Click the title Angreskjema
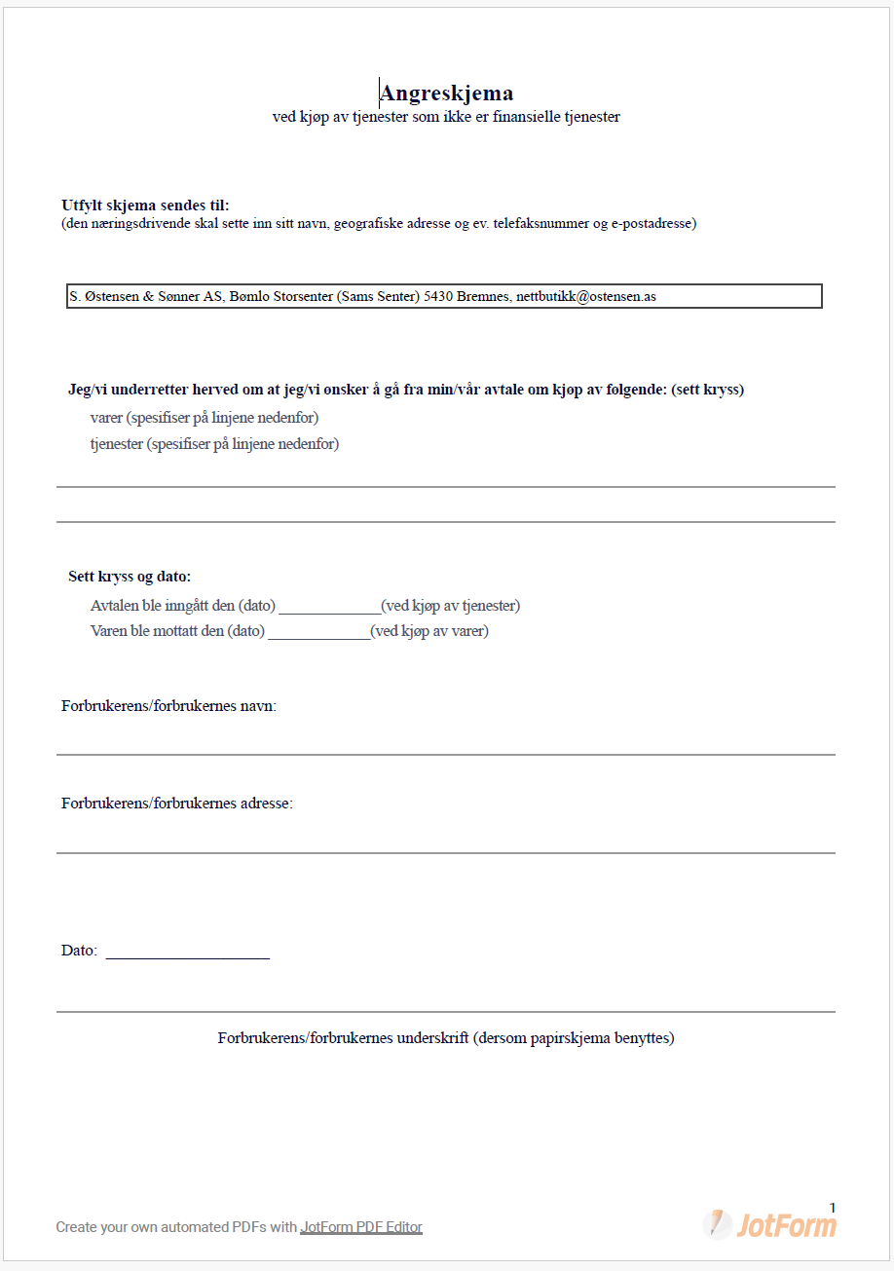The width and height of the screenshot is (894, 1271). pos(446,93)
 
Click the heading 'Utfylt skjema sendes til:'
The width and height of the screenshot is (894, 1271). pos(145,205)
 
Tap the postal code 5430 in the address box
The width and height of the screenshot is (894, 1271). pos(440,296)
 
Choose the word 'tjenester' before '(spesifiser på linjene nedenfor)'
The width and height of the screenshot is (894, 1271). pos(116,444)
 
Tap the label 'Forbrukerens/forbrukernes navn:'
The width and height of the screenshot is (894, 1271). pos(168,706)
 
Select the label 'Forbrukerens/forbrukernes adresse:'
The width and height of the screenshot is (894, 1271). pos(176,804)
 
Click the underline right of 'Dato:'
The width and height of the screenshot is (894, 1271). pos(187,953)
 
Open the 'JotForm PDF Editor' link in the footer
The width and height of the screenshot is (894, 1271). pos(361,1227)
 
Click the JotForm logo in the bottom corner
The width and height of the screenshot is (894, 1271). pos(769,1224)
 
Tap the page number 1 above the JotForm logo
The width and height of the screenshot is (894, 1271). pos(832,1208)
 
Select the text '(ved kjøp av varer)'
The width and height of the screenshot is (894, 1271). pos(429,631)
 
